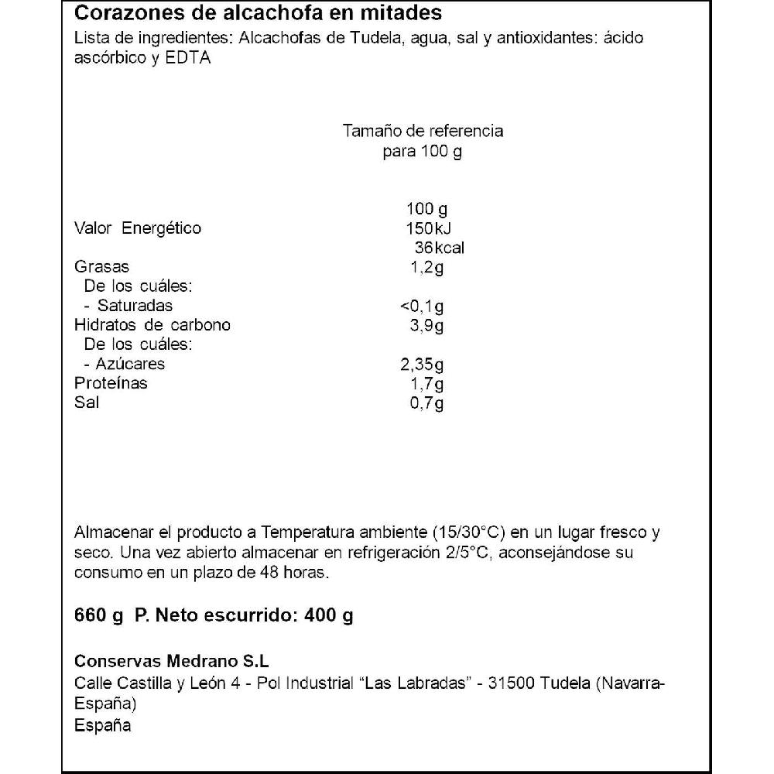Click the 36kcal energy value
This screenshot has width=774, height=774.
pyautogui.click(x=439, y=248)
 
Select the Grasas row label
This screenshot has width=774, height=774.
pyautogui.click(x=101, y=267)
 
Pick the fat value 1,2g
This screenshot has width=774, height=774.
pyautogui.click(x=426, y=267)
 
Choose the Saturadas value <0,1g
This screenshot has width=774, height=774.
pyautogui.click(x=419, y=306)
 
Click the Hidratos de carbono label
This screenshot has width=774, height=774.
pyautogui.click(x=152, y=325)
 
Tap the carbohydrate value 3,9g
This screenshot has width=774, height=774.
pyautogui.click(x=426, y=325)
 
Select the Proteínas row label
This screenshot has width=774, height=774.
pyautogui.click(x=111, y=384)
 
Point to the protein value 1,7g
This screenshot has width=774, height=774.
pyautogui.click(x=426, y=384)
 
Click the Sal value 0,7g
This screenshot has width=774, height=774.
pyautogui.click(x=426, y=403)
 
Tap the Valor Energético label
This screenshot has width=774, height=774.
pyautogui.click(x=137, y=228)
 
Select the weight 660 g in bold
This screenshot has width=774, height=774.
pyautogui.click(x=99, y=616)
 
